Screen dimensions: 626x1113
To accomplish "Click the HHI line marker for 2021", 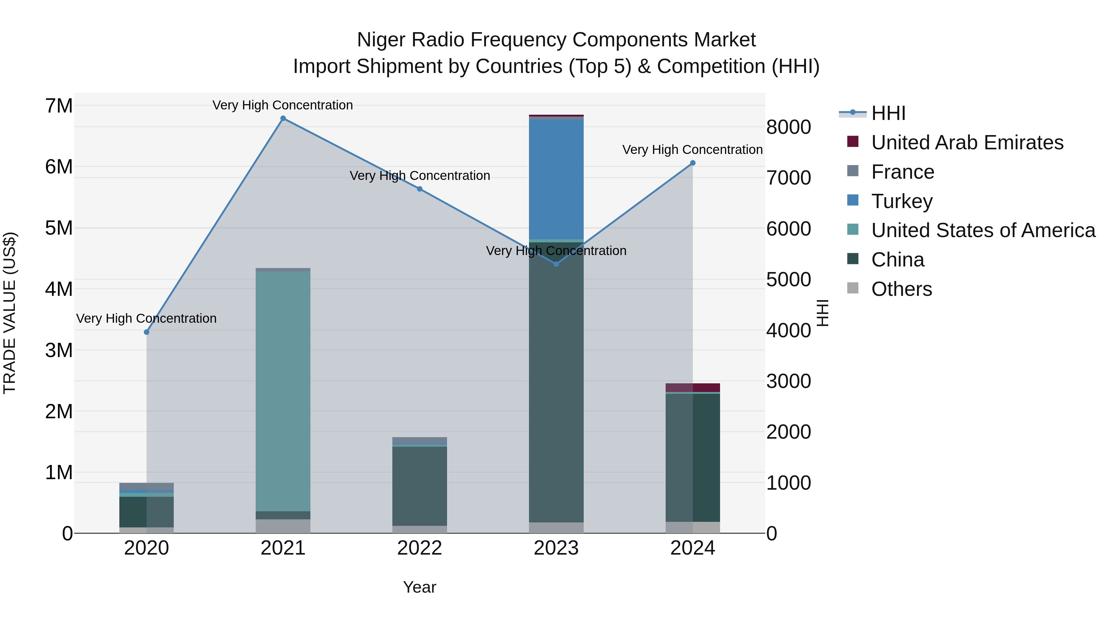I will tap(283, 118).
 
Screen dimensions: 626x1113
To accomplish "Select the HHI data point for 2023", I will tap(556, 264).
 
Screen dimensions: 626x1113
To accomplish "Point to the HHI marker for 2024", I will tap(693, 163).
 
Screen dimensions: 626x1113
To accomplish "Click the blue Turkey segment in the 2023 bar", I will tap(556, 179).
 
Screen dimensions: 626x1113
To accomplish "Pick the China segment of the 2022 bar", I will tap(420, 486).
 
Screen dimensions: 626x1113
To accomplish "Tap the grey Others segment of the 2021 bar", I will tap(283, 526).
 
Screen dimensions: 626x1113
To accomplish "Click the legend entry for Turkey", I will tap(902, 201).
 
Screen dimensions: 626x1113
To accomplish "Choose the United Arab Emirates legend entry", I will tap(967, 143).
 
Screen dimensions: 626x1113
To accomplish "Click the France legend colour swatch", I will tap(852, 171).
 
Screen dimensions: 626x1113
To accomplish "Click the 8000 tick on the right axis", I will tap(788, 127).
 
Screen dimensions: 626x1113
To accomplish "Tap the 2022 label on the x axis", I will tap(420, 548).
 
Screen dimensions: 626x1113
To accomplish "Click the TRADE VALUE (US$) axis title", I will tap(10, 313).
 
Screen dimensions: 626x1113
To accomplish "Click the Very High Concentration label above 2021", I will tap(283, 105).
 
